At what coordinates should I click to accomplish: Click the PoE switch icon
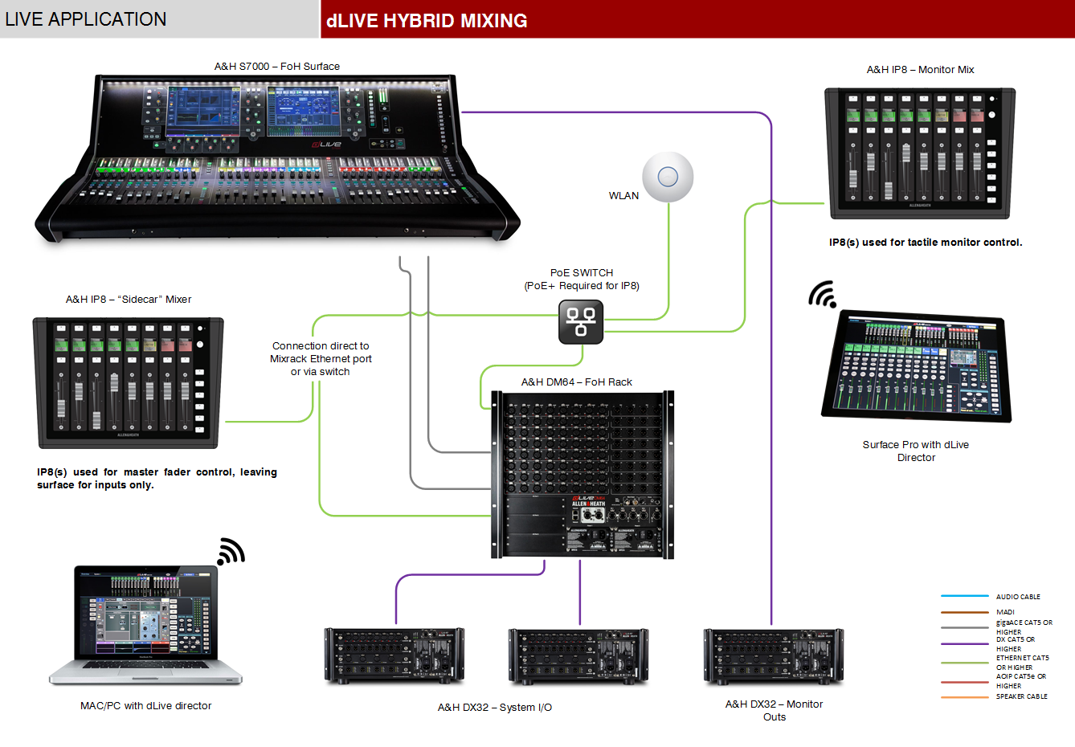point(581,321)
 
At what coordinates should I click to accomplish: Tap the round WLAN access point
point(668,177)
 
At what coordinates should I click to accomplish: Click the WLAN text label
point(623,196)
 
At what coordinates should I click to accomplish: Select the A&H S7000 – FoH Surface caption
point(276,67)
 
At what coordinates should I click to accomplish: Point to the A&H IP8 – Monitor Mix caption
point(920,70)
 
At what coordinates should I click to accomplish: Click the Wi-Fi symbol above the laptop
point(231,552)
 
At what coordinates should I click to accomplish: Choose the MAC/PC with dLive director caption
point(145,706)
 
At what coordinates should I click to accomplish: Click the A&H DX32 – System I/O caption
point(494,708)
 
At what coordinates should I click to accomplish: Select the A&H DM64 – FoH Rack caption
point(576,382)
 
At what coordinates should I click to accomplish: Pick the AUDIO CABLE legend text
point(1018,597)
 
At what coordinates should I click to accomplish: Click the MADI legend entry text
point(1005,612)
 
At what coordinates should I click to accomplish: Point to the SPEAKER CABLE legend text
point(1021,696)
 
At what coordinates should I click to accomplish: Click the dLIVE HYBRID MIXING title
point(427,21)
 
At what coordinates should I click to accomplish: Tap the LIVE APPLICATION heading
point(86,19)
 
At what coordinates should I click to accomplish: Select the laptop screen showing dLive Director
point(145,614)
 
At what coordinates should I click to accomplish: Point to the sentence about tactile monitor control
point(926,243)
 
